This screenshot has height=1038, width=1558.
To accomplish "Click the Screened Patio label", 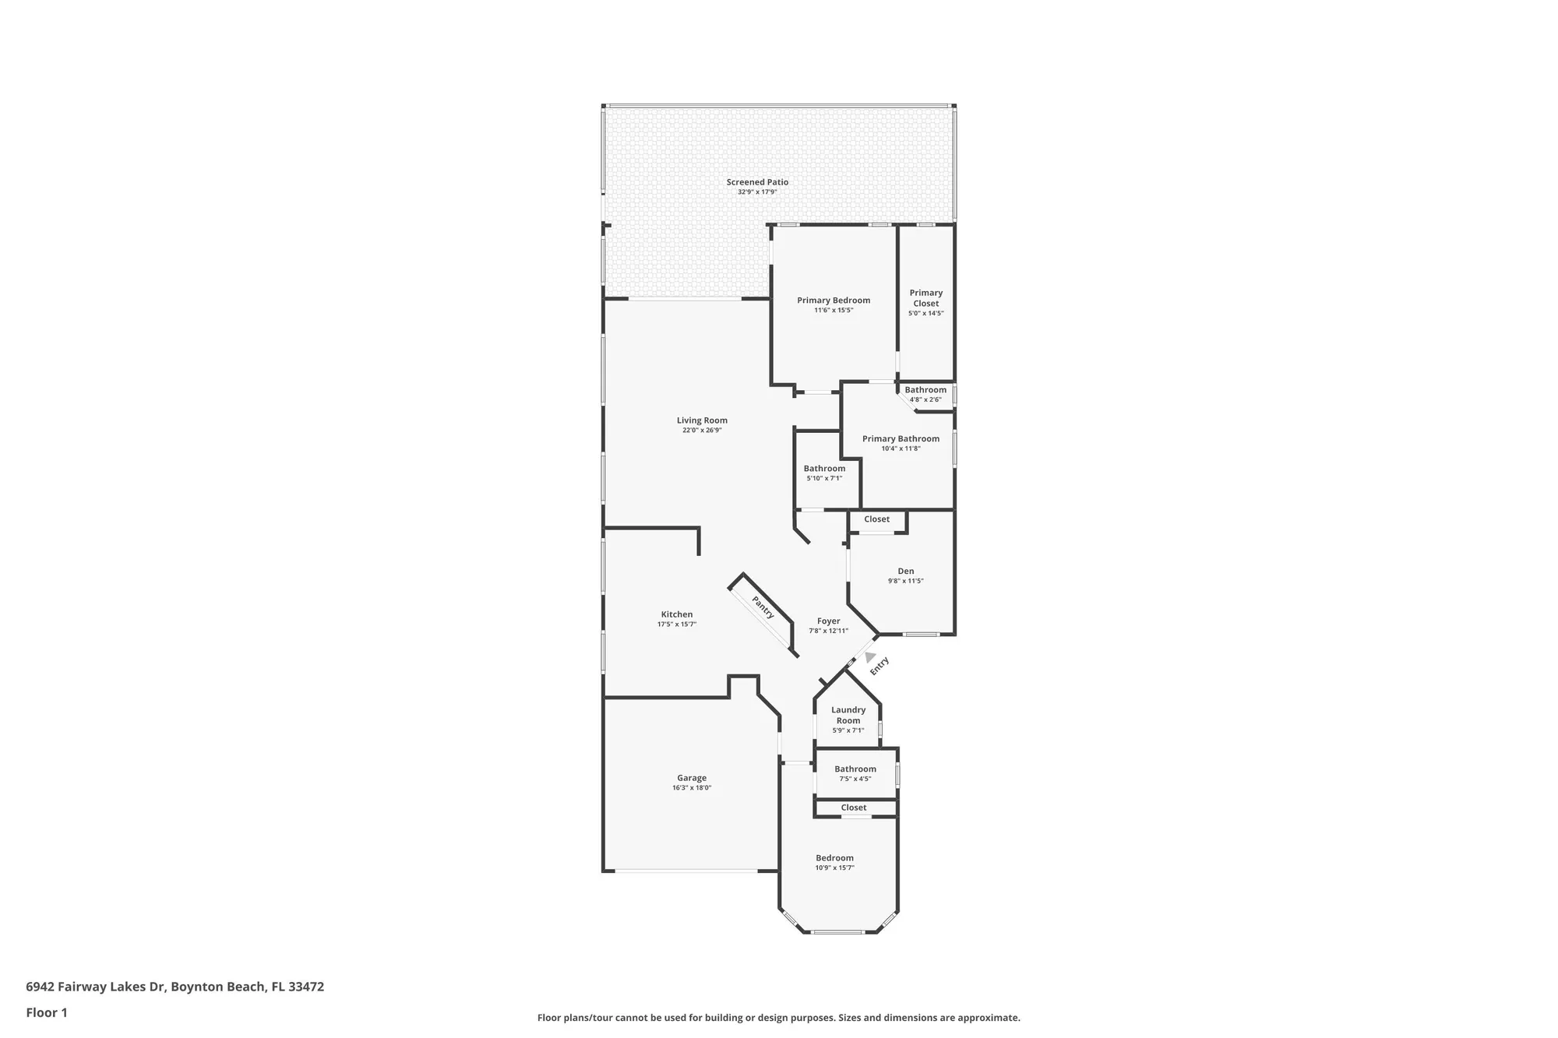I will [x=757, y=182].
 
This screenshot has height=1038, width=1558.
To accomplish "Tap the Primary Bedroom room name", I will [x=834, y=301].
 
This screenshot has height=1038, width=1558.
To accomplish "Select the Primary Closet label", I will [x=925, y=298].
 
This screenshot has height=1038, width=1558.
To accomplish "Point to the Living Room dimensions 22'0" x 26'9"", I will [x=702, y=431].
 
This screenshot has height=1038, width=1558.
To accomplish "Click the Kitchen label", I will [x=676, y=614].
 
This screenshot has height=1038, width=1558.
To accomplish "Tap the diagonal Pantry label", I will [x=763, y=607].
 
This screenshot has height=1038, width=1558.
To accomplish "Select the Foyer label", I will [x=828, y=621].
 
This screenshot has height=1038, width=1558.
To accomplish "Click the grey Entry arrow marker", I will [x=869, y=657].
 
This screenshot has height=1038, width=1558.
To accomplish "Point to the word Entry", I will [x=879, y=666].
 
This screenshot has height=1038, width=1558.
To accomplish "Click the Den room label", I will [x=905, y=571].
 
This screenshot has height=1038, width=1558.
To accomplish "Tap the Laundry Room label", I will [x=848, y=715].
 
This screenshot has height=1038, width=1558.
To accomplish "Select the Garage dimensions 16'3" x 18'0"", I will [x=692, y=788].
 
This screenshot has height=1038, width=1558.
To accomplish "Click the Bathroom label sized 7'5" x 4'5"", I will [x=855, y=769].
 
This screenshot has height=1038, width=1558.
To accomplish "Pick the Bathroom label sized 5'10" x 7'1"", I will [x=824, y=469].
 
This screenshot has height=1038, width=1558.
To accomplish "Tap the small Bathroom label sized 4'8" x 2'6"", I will [x=925, y=390].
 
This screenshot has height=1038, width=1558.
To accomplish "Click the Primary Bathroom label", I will [x=901, y=439].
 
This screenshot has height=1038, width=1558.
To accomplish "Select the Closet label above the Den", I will [x=876, y=519].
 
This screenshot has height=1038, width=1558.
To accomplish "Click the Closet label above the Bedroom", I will [x=853, y=808].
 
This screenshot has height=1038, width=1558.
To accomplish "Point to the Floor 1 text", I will [x=47, y=1012].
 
